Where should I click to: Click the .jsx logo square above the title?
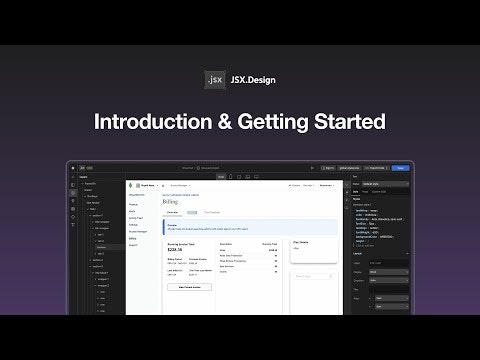click(x=214, y=76)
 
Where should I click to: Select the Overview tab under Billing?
click(x=172, y=212)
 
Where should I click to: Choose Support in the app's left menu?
click(x=132, y=244)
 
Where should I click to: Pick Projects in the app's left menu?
click(x=132, y=204)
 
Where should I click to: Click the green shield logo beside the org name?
click(x=133, y=185)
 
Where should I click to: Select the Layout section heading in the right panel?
click(x=385, y=253)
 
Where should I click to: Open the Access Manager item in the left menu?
click(x=136, y=231)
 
